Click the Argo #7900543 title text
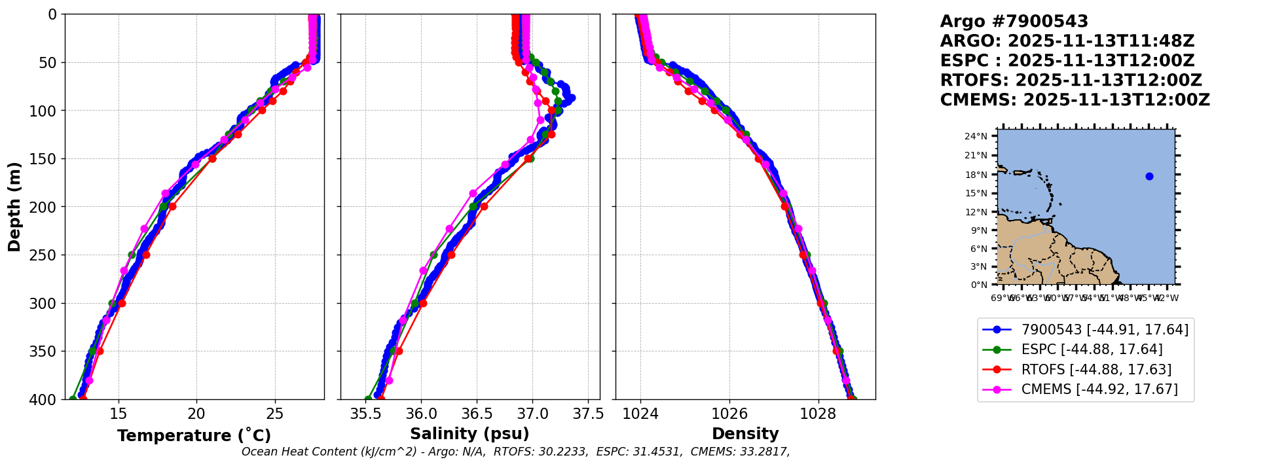1014,22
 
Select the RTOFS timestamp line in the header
1071,81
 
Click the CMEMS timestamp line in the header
1075,100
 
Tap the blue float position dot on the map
1149,176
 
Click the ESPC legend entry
1092,349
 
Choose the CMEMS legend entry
1099,389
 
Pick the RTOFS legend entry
1096,370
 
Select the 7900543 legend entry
1104,330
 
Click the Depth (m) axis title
14,206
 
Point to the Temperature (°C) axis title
194,436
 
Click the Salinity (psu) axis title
469,434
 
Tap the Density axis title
745,434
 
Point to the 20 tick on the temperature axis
196,414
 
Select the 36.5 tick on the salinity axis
477,414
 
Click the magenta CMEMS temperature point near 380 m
89,380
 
